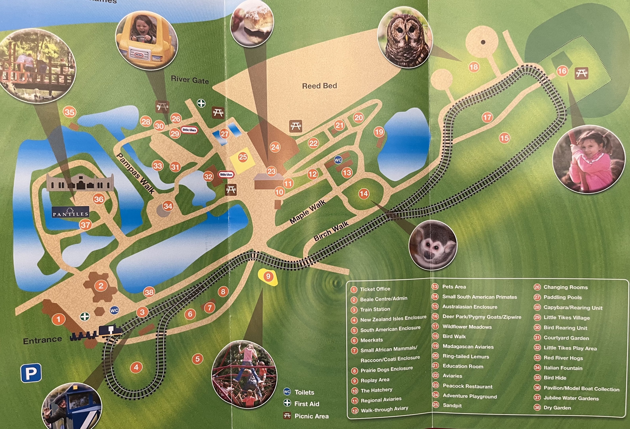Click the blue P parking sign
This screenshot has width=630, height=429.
[x=31, y=373]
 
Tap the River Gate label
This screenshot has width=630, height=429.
[x=190, y=80]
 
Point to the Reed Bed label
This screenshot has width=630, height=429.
[x=319, y=86]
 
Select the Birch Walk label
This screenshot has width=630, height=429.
[x=331, y=231]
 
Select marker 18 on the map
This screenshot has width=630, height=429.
[x=473, y=67]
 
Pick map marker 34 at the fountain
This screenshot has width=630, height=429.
[x=168, y=206]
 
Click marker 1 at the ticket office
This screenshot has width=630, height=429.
[x=59, y=319]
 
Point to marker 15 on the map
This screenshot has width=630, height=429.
[x=504, y=138]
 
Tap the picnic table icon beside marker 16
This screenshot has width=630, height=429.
[x=581, y=73]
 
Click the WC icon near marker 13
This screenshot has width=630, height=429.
[x=338, y=160]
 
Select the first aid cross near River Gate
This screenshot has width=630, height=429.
[x=201, y=103]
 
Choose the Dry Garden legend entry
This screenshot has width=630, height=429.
[x=557, y=408]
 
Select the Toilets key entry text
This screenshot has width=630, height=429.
[x=304, y=392]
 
